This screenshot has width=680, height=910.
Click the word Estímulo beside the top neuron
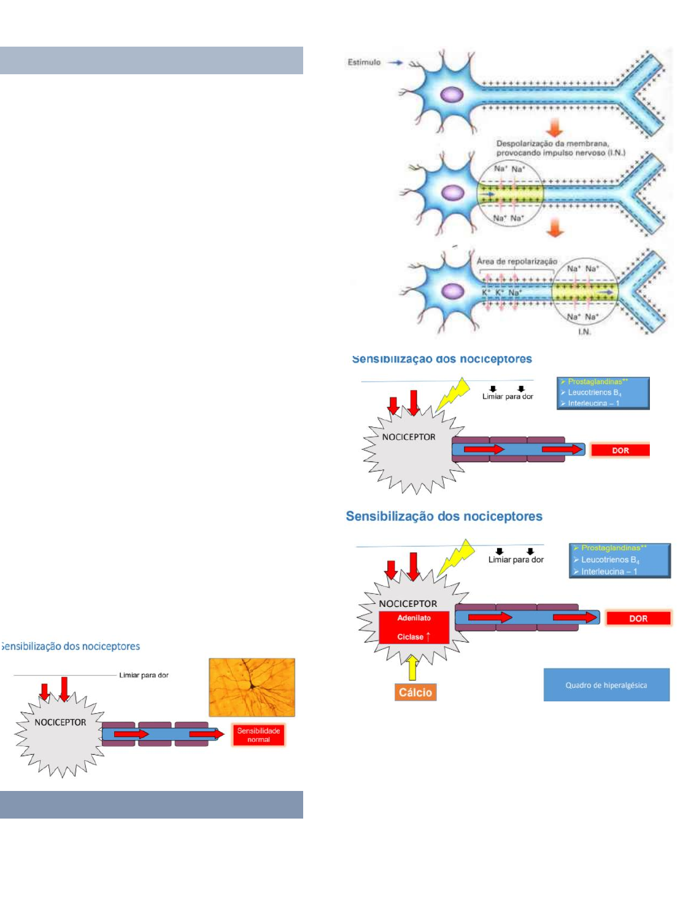click(364, 62)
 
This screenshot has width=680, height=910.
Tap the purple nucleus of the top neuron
click(452, 94)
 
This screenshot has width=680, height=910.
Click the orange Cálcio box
click(415, 692)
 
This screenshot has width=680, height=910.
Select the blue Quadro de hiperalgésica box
click(606, 685)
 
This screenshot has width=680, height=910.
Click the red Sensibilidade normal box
click(258, 735)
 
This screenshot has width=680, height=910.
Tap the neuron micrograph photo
click(252, 687)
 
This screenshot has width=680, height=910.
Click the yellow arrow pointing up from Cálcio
click(413, 667)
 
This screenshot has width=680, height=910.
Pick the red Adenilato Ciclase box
click(414, 627)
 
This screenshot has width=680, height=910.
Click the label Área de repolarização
click(517, 261)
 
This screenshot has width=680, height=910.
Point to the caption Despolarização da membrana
click(552, 144)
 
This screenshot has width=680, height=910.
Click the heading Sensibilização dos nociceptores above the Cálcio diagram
click(444, 516)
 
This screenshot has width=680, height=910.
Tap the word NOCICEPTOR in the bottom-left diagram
click(60, 722)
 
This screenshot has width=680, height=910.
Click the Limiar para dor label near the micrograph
click(144, 675)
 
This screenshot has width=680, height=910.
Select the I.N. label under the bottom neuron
click(584, 331)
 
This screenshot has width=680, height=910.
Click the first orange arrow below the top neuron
click(555, 128)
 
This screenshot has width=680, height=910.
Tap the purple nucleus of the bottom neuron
click(453, 291)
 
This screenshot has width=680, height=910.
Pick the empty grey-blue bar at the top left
click(151, 60)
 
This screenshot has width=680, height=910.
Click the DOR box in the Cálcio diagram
click(638, 619)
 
